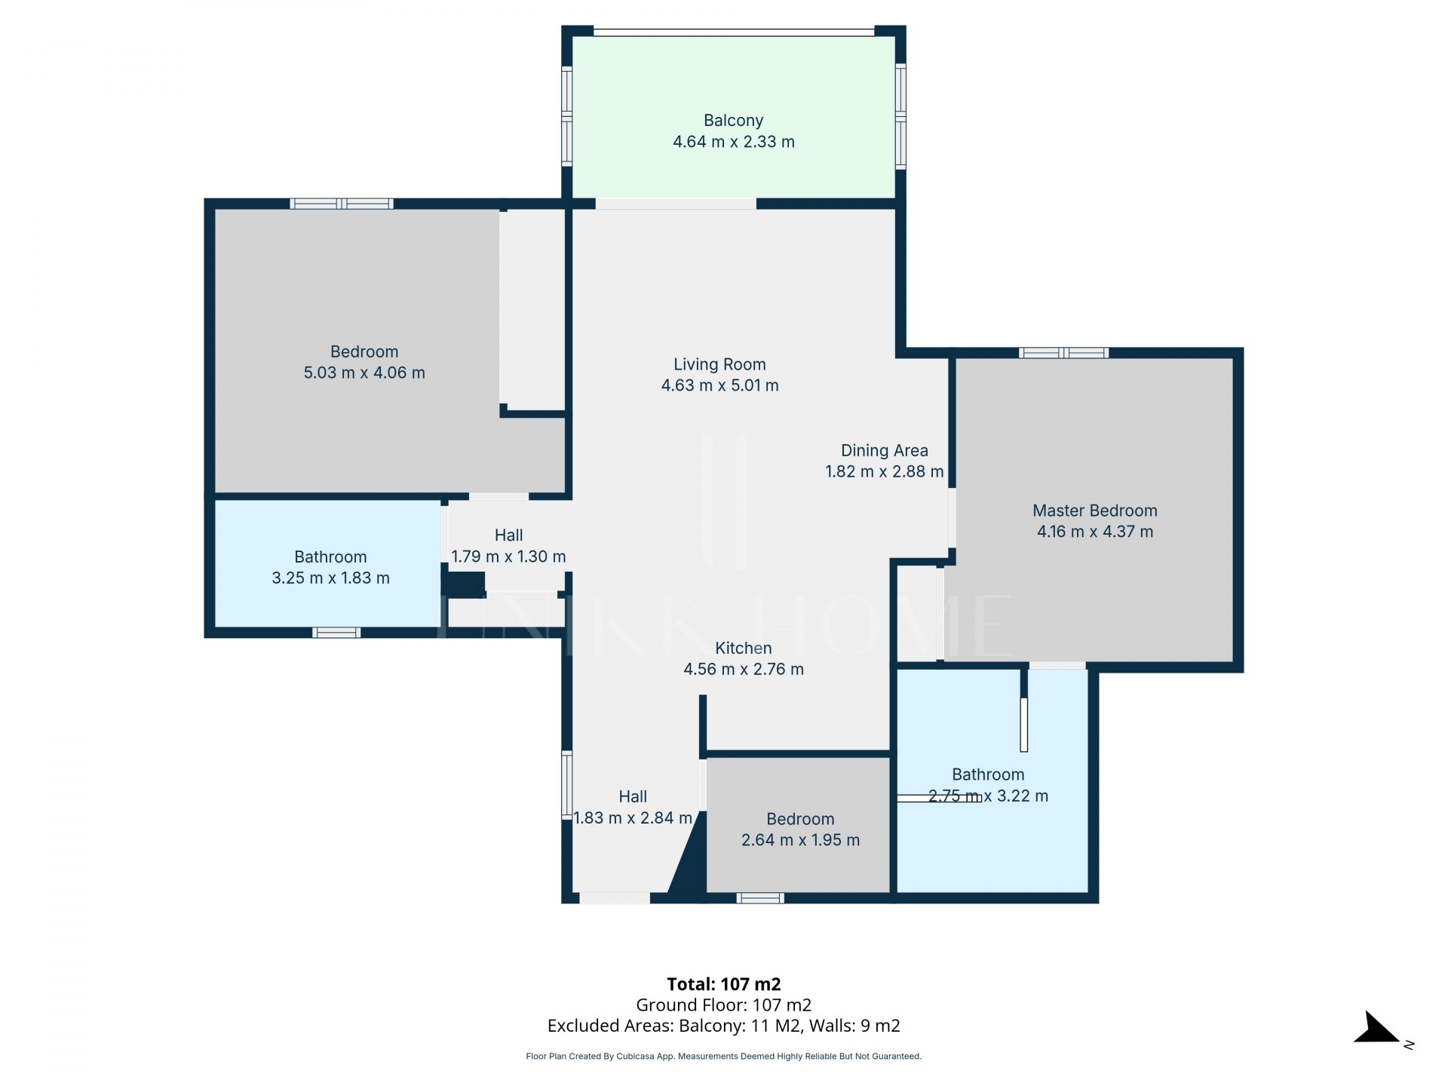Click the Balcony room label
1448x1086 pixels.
click(733, 121)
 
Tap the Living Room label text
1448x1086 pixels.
click(719, 364)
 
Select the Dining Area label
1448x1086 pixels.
click(885, 450)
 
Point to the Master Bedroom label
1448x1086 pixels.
click(1095, 511)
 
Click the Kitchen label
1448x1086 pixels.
click(744, 648)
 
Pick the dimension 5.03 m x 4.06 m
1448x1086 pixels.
click(364, 373)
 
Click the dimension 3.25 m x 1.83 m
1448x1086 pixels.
click(330, 578)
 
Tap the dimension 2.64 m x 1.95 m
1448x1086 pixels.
click(800, 840)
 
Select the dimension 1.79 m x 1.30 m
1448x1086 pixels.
click(508, 557)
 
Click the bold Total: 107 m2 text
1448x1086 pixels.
click(724, 984)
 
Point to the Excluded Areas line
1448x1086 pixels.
click(724, 1026)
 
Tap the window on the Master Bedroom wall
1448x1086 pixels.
click(1063, 352)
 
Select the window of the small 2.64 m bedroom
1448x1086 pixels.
click(760, 898)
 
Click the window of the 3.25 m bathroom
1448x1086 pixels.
click(336, 633)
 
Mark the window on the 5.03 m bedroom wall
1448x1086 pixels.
click(342, 204)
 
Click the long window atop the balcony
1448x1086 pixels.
click(734, 32)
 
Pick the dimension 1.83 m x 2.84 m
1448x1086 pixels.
click(633, 818)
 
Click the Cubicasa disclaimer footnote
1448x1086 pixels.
click(724, 1057)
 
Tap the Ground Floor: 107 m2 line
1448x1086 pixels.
click(724, 1005)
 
